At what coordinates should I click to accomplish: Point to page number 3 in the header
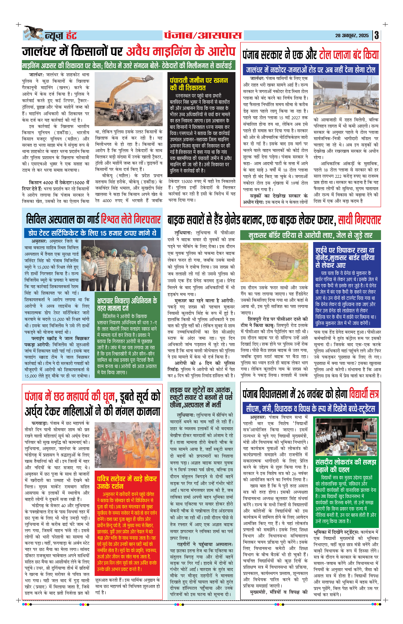tap(377, 35)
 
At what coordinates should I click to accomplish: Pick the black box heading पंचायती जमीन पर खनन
tap(199, 84)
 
